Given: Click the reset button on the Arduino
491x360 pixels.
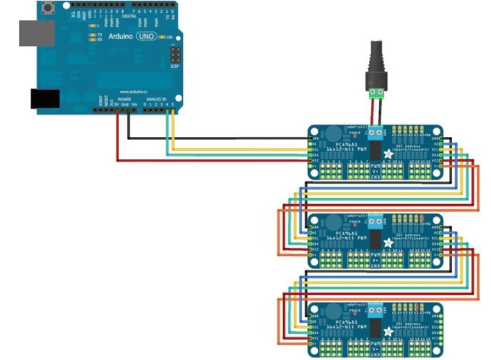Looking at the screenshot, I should point(47,8).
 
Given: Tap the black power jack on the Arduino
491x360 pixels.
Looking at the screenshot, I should point(44,98).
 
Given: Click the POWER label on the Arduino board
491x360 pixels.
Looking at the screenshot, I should point(124,100).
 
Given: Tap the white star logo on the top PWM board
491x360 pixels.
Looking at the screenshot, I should point(387,154).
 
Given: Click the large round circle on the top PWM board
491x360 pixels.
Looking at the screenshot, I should point(334,135).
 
